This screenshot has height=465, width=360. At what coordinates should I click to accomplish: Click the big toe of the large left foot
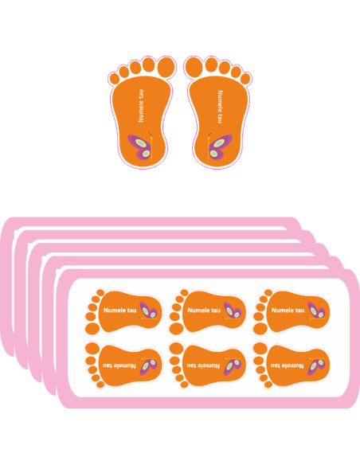[x=166, y=68]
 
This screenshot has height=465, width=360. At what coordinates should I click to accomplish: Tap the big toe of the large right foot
[x=194, y=68]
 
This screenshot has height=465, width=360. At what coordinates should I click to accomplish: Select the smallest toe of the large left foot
[x=114, y=79]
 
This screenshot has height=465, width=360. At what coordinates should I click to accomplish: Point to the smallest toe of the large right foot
[x=245, y=79]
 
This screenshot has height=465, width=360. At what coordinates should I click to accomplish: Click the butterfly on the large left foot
[x=140, y=147]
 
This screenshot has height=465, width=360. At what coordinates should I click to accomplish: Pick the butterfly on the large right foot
[x=220, y=147]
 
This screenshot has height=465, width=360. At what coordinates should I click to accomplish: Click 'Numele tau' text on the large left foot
[x=141, y=106]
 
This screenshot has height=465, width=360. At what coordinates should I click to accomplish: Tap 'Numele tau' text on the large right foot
[x=220, y=107]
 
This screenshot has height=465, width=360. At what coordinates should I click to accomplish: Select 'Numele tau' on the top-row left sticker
[x=119, y=311]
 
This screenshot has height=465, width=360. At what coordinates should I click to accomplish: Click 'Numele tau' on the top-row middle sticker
[x=204, y=311]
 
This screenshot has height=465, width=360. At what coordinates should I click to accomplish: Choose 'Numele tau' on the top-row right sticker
[x=288, y=311]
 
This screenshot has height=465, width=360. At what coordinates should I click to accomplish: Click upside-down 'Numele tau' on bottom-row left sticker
[x=119, y=365]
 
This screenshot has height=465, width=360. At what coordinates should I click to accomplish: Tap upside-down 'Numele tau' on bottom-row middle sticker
[x=203, y=365]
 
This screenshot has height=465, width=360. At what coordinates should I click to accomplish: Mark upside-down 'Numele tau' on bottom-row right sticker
[x=287, y=365]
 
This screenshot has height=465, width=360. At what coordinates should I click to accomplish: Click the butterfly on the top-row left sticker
[x=148, y=311]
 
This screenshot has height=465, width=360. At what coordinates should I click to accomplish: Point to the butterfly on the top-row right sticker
[x=316, y=311]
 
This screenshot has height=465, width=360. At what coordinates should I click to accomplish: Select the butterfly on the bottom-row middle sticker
[x=233, y=366]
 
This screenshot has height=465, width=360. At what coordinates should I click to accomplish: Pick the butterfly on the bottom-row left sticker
[x=148, y=366]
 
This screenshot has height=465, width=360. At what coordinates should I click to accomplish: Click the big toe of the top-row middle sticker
[x=177, y=329]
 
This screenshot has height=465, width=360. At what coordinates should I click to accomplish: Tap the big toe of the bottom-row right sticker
[x=260, y=348]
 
